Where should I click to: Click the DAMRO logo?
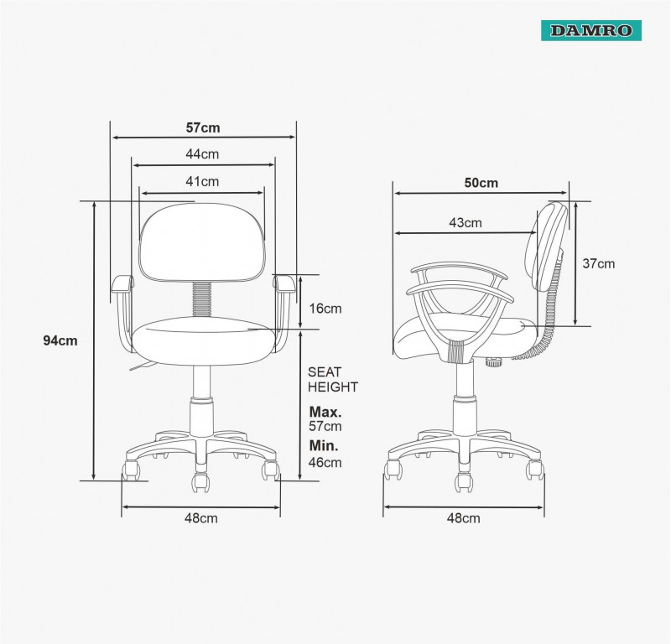click(x=591, y=30)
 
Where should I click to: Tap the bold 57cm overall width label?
click(x=203, y=127)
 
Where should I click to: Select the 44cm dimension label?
click(x=202, y=154)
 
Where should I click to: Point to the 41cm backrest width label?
click(x=202, y=181)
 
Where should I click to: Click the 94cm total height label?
click(x=60, y=340)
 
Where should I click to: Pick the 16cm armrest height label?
click(x=325, y=309)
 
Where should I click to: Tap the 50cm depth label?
click(x=481, y=183)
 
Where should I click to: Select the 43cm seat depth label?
click(x=466, y=222)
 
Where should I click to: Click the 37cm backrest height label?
click(x=598, y=263)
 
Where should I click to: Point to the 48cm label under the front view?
click(x=200, y=518)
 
